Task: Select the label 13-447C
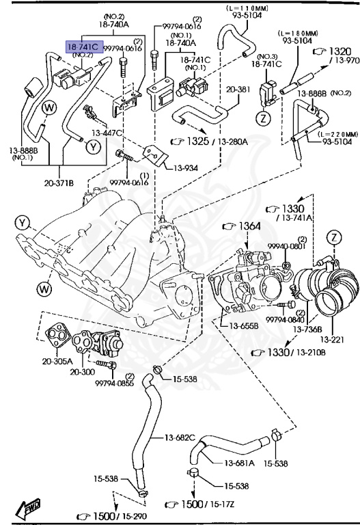tap(107, 133)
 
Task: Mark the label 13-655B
tap(243, 325)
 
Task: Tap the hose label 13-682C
tap(179, 437)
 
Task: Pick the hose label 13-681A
tap(238, 463)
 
